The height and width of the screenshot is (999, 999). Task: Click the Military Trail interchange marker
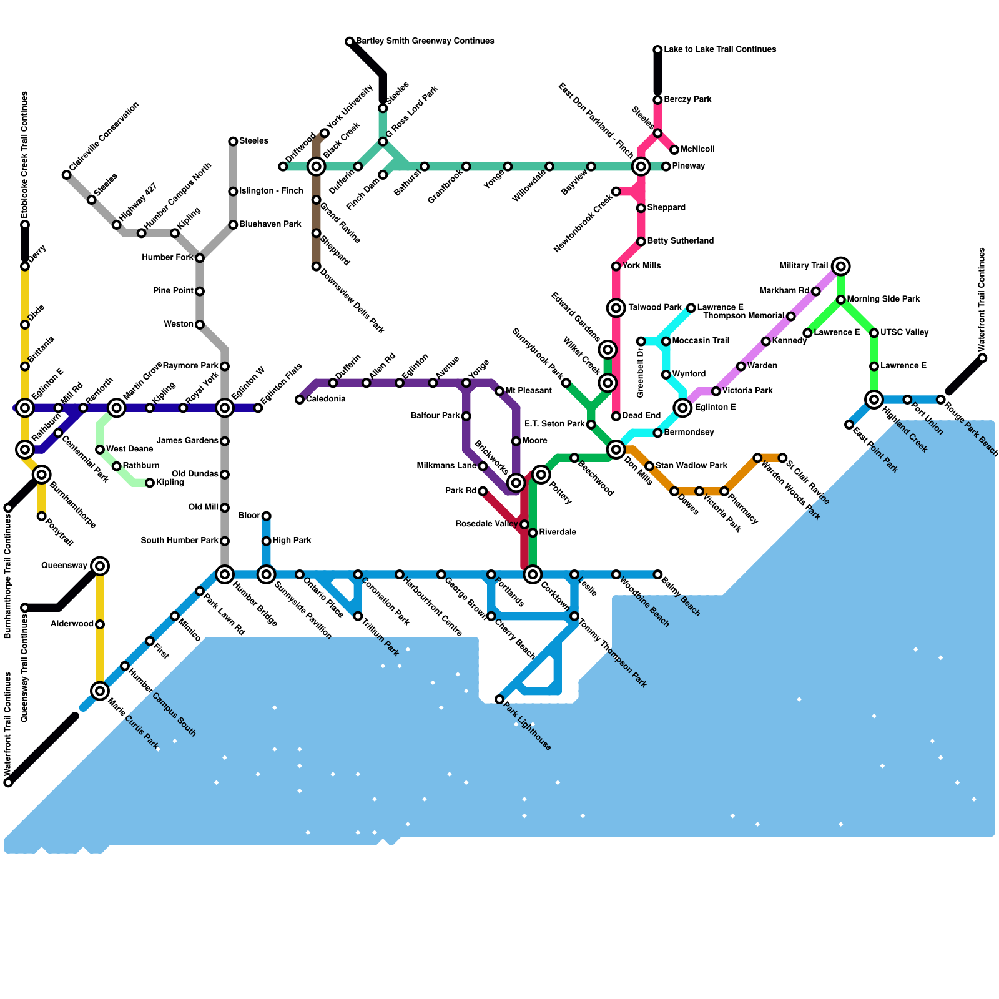pos(841,267)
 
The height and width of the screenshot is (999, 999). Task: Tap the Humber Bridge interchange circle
pos(225,574)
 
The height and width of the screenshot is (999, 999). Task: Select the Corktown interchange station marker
pos(533,574)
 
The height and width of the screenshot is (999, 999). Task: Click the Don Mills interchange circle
pos(616,450)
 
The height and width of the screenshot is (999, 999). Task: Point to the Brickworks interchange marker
pos(516,483)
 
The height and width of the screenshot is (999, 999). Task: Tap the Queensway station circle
pos(100,566)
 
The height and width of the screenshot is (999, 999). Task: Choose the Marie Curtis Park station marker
pos(100,691)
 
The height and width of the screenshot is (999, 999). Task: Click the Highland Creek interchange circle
pos(874,400)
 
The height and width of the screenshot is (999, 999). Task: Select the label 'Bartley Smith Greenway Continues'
pos(425,41)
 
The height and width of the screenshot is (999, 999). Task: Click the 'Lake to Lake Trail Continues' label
pos(720,49)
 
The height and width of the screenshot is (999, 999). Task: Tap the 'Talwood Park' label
pos(654,308)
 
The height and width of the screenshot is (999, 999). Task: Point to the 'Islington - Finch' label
pos(271,191)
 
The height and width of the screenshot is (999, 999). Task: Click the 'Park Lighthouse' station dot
pos(499,699)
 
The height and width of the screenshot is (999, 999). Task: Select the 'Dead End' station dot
pos(616,416)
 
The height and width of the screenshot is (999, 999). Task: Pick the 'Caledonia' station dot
pos(300,400)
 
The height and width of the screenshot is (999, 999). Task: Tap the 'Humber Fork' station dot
pos(200,258)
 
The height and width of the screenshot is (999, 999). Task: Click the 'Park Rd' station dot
pos(483,491)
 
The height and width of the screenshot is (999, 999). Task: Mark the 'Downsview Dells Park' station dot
pos(317,267)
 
